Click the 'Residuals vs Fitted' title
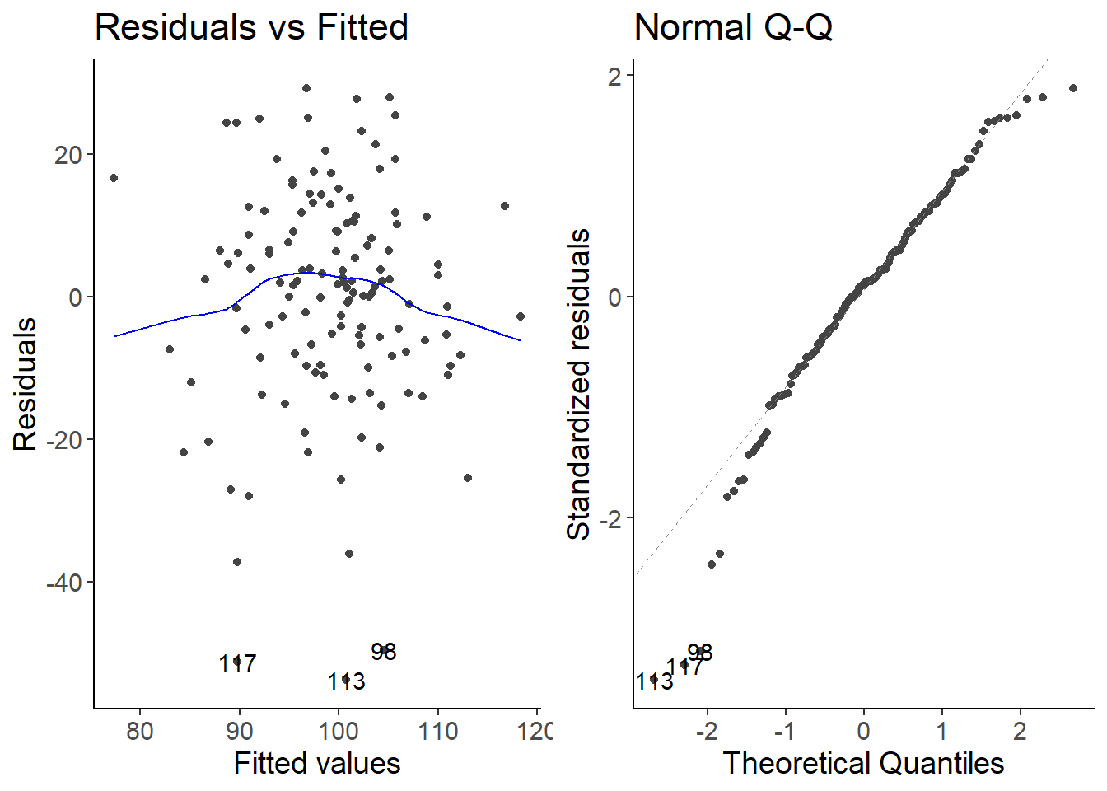[251, 27]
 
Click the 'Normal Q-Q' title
[733, 27]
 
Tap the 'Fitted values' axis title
[317, 764]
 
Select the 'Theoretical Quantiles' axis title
[863, 764]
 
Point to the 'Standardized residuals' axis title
[579, 385]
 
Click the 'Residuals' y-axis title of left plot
[26, 385]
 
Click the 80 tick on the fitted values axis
[140, 731]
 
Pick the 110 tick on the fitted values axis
[437, 731]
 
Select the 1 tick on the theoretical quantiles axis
[941, 731]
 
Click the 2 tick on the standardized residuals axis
[614, 77]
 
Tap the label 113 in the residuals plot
[346, 681]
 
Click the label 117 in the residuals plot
[237, 663]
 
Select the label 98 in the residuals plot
[384, 652]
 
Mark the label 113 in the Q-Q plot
[655, 681]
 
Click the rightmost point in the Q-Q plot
[1073, 88]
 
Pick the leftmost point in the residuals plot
[114, 178]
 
